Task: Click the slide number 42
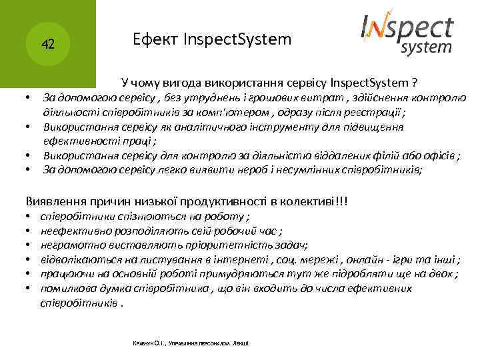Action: click(x=47, y=45)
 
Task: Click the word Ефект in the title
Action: click(x=153, y=39)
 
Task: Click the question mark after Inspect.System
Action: click(x=415, y=83)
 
